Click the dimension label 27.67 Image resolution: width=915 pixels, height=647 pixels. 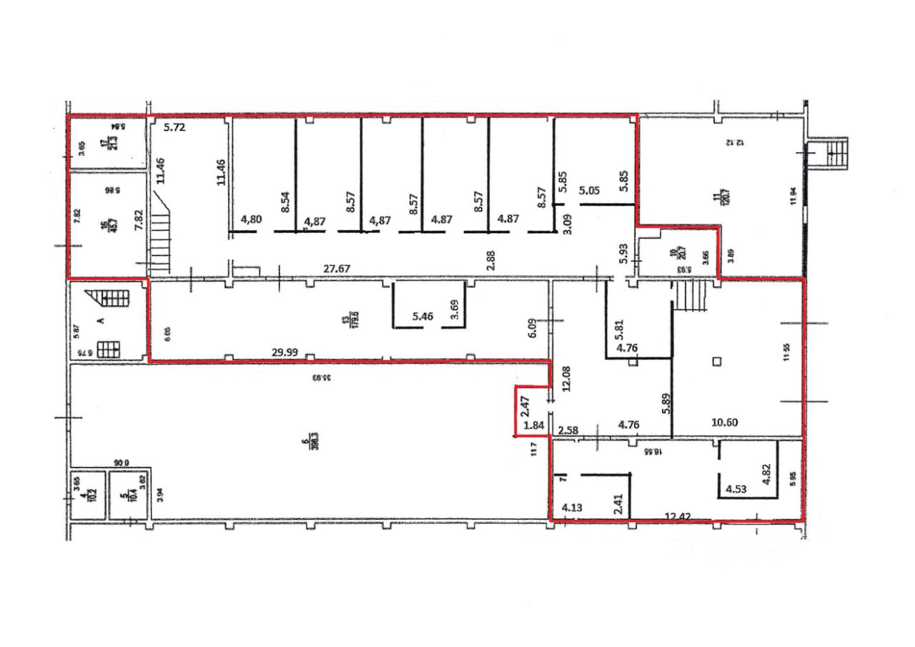pos(337,270)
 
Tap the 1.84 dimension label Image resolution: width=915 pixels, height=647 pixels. pos(533,427)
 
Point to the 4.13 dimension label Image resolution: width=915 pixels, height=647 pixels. pos(573,508)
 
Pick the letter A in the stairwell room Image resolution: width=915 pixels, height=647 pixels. pos(102,320)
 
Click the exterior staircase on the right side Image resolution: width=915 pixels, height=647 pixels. pos(832,153)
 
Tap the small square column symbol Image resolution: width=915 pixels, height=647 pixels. pos(718,361)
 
